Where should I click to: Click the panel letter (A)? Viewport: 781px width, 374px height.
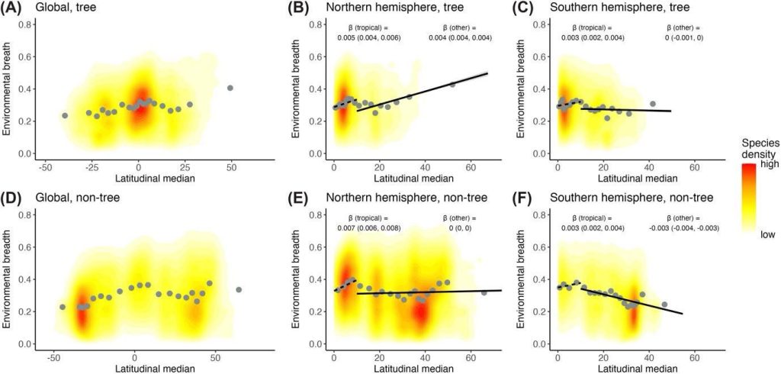click(x=15, y=10)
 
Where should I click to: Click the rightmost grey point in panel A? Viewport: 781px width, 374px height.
click(x=230, y=88)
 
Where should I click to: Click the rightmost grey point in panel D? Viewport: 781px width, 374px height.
click(x=239, y=289)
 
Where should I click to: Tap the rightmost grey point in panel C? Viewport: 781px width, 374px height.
click(x=653, y=104)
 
